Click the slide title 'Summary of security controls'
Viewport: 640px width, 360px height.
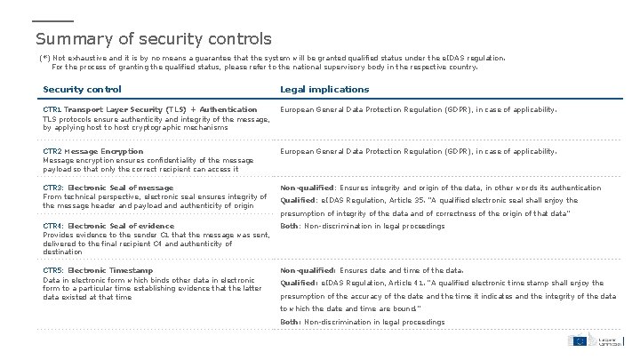point(153,39)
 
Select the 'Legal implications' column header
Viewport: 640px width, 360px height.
point(324,89)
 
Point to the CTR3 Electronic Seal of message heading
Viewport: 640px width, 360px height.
point(108,188)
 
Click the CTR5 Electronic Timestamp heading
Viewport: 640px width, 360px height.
point(98,269)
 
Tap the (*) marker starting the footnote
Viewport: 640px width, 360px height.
point(44,56)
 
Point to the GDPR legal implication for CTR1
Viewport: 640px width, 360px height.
point(419,110)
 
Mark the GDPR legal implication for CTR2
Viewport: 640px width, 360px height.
point(419,151)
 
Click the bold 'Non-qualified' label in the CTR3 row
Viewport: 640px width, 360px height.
point(307,188)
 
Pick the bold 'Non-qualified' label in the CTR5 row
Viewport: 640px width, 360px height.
point(307,269)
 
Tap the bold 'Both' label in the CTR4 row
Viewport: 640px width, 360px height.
point(291,226)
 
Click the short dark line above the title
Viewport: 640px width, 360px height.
point(52,20)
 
